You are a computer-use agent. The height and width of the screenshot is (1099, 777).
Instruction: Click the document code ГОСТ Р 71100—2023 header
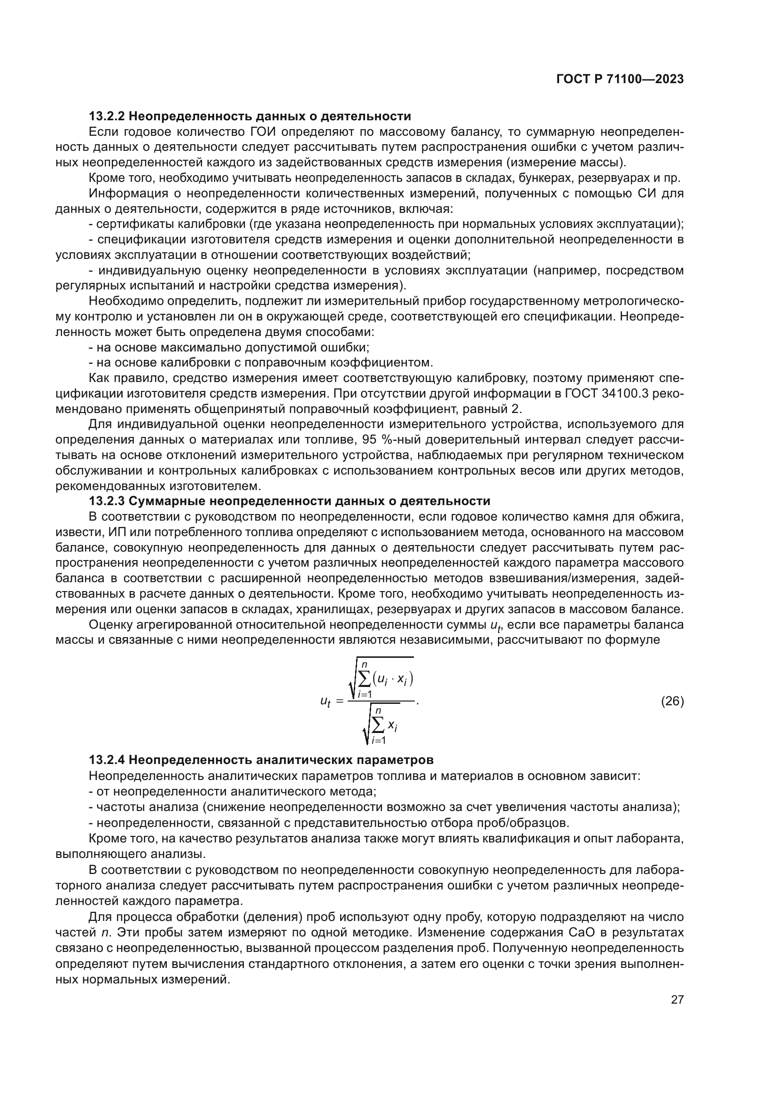pyautogui.click(x=620, y=79)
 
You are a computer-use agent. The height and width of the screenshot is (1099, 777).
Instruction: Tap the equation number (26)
pyautogui.click(x=672, y=701)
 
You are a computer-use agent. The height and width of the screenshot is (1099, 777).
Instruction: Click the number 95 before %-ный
pyautogui.click(x=369, y=440)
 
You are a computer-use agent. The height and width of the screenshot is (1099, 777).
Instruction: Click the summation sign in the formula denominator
pyautogui.click(x=378, y=725)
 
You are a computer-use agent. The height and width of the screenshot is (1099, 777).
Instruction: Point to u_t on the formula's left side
pyautogui.click(x=325, y=702)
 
